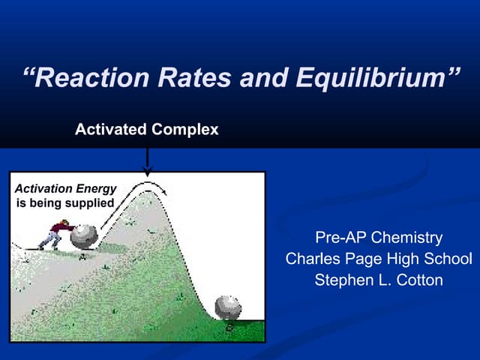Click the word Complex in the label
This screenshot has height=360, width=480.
[x=184, y=130]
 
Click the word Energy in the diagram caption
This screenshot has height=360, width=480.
[x=96, y=189]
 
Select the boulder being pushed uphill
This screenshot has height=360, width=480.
[x=83, y=235]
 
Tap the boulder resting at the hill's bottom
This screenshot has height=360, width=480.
[x=227, y=308]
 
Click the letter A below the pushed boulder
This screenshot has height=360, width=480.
[x=82, y=256]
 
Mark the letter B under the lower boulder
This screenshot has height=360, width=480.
[x=229, y=326]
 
